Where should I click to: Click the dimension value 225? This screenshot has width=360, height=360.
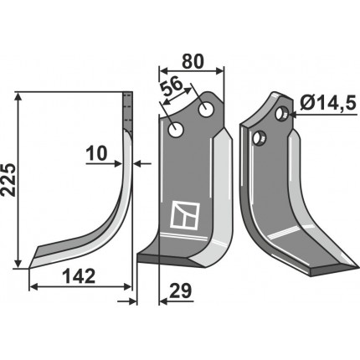(9, 180)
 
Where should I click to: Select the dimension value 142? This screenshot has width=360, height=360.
(79, 276)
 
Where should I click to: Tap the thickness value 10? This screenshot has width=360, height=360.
(96, 153)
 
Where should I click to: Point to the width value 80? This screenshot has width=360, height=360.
(193, 61)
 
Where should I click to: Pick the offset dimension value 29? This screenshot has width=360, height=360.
(180, 291)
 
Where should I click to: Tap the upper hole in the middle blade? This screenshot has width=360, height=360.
(205, 109)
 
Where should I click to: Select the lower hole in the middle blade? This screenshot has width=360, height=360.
(176, 130)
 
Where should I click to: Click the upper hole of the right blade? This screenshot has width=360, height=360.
(281, 113)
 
